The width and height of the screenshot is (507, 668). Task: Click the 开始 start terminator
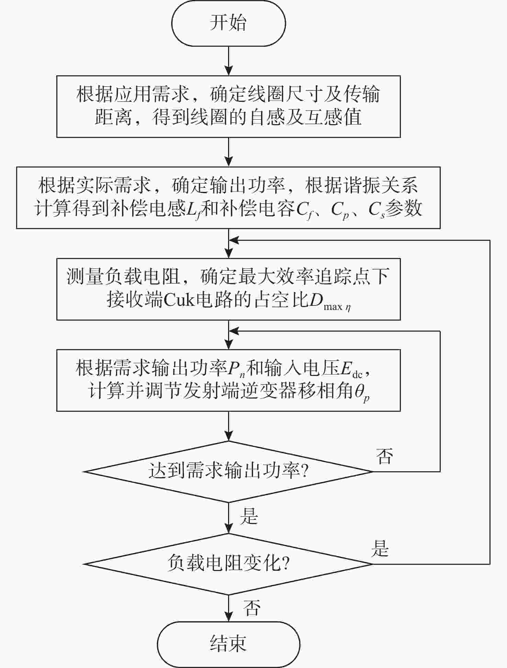pos(228,23)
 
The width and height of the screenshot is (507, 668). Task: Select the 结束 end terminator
pos(228,643)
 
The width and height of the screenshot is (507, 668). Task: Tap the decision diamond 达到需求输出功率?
pos(228,471)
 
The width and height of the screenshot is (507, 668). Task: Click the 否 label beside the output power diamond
pos(384,456)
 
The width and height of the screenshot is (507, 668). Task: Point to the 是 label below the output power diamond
pos(249,516)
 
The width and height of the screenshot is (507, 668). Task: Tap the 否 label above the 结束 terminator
pos(252,607)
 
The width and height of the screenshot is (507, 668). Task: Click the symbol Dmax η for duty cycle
pos(330,302)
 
